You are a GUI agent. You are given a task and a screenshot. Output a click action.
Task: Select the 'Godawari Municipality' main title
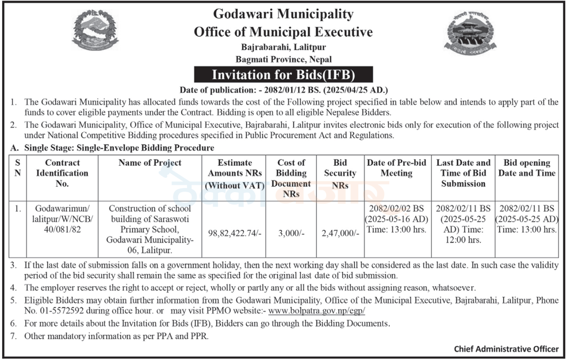pyautogui.click(x=283, y=14)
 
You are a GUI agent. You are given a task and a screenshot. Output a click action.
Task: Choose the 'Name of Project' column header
pyautogui.click(x=150, y=163)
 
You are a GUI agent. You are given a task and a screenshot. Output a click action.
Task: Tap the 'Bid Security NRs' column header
pyautogui.click(x=340, y=173)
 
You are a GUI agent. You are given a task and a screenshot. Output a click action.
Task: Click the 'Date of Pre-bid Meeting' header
pyautogui.click(x=397, y=168)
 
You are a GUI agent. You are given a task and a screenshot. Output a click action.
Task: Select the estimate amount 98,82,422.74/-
pyautogui.click(x=234, y=233)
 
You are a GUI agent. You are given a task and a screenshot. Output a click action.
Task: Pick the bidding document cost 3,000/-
pyautogui.click(x=291, y=233)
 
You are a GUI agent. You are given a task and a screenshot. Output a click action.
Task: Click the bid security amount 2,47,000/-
pyautogui.click(x=340, y=233)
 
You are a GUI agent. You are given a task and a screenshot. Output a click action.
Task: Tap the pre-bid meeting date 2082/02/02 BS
pyautogui.click(x=397, y=209)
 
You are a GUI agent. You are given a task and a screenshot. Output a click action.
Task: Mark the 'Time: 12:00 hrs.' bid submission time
pyautogui.click(x=463, y=234)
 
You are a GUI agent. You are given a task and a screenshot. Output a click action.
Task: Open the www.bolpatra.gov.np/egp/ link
pyautogui.click(x=317, y=311)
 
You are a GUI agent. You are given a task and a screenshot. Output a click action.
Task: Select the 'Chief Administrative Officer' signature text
pyautogui.click(x=506, y=349)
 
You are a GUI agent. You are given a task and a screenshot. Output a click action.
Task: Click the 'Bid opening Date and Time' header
pyautogui.click(x=527, y=168)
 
